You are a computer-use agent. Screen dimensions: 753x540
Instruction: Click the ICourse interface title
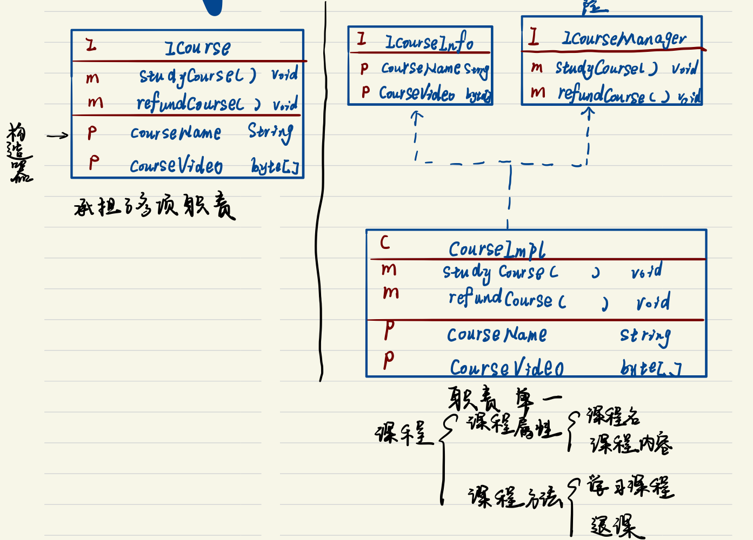point(197,48)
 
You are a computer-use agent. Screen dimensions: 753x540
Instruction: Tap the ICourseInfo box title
point(429,42)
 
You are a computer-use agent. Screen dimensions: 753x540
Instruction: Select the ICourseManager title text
point(624,39)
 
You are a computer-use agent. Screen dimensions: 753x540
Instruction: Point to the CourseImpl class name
point(497,249)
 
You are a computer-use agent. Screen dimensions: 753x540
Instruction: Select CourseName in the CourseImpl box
point(496,335)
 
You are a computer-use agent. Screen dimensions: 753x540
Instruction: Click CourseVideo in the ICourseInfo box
point(416,93)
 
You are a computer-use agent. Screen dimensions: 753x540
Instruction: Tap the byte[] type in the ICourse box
point(275,166)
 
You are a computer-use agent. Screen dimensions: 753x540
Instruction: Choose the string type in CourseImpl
point(645,336)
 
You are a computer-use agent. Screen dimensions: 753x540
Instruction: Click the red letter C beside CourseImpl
point(385,242)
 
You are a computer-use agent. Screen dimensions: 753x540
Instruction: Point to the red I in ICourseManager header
point(534,37)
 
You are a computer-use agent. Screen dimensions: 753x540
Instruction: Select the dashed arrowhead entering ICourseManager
point(588,111)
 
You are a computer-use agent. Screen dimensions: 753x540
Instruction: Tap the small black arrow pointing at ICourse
point(58,136)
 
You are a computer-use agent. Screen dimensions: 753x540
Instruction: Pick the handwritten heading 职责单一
point(504,399)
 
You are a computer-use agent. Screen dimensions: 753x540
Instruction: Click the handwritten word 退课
point(616,526)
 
